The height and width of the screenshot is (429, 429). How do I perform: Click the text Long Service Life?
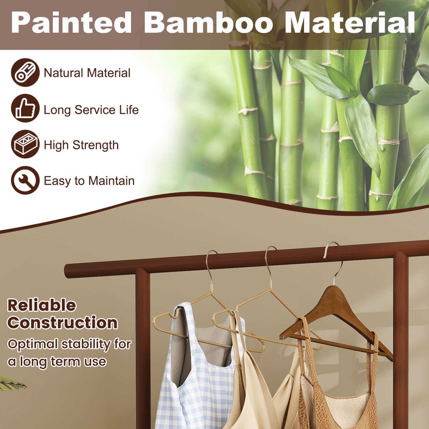(x=91, y=110)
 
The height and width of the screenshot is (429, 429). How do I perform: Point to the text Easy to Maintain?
(x=89, y=181)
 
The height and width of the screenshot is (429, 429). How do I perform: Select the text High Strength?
(x=81, y=145)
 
